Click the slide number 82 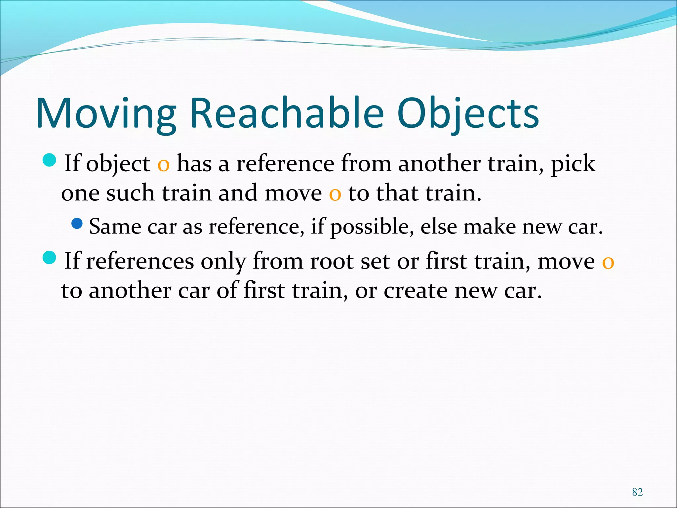point(637,492)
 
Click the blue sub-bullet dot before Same point(77,224)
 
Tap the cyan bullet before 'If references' point(50,257)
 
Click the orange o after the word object point(163,165)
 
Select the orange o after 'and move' point(335,194)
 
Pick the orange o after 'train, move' point(608,262)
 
